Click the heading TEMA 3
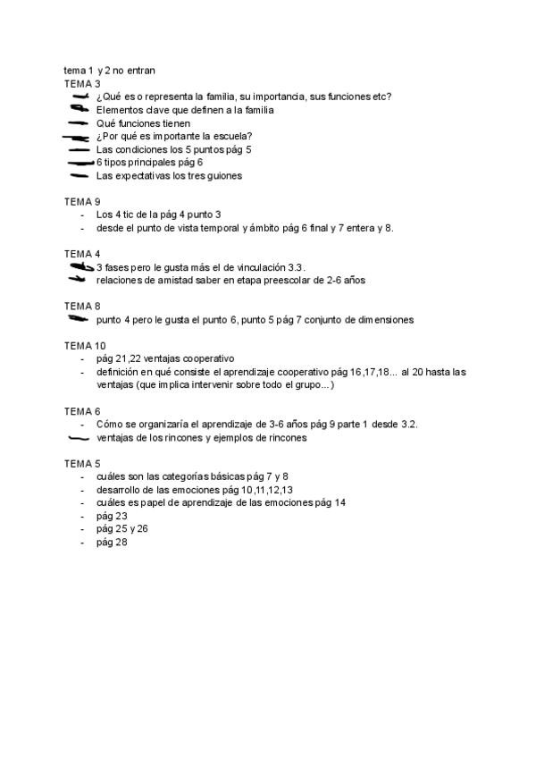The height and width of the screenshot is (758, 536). click(x=82, y=83)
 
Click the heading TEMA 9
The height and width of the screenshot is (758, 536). click(x=82, y=201)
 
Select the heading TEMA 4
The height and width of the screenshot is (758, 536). click(x=82, y=254)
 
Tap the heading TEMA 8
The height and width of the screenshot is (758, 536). click(x=82, y=306)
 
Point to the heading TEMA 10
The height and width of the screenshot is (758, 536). click(x=85, y=345)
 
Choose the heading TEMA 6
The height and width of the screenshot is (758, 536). click(x=82, y=410)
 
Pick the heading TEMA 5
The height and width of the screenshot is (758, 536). click(x=82, y=463)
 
